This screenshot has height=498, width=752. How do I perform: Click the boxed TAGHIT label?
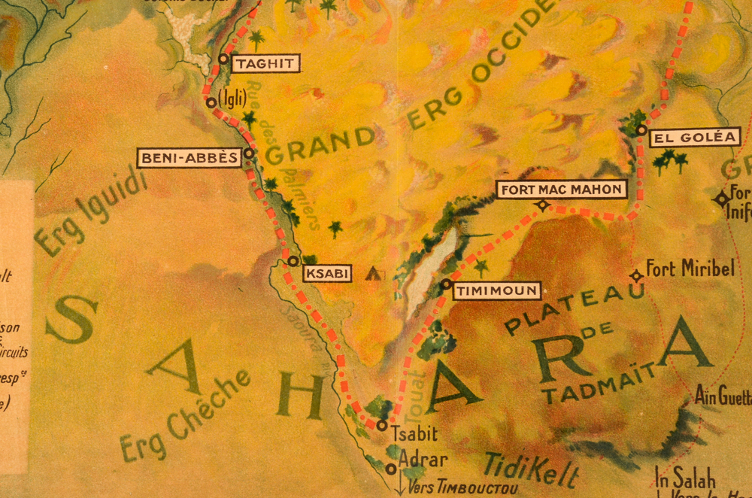point(265,64)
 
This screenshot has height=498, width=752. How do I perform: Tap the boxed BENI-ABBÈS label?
point(189,158)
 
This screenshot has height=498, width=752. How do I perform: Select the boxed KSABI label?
point(327,274)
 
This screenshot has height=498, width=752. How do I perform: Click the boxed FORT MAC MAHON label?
point(562,189)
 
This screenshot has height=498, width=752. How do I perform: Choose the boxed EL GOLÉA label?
point(692,138)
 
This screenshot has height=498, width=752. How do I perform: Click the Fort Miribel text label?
point(690,269)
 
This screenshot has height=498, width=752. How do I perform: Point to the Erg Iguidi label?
point(89,211)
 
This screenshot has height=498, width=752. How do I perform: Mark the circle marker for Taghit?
point(223,58)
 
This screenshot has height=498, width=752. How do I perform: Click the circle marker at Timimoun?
point(446,284)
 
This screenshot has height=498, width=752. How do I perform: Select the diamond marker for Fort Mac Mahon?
point(541,205)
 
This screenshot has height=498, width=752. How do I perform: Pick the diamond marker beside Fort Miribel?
point(636,276)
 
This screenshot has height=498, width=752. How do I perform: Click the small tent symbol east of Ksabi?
point(372,274)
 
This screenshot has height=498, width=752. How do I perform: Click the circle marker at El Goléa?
point(641,130)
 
